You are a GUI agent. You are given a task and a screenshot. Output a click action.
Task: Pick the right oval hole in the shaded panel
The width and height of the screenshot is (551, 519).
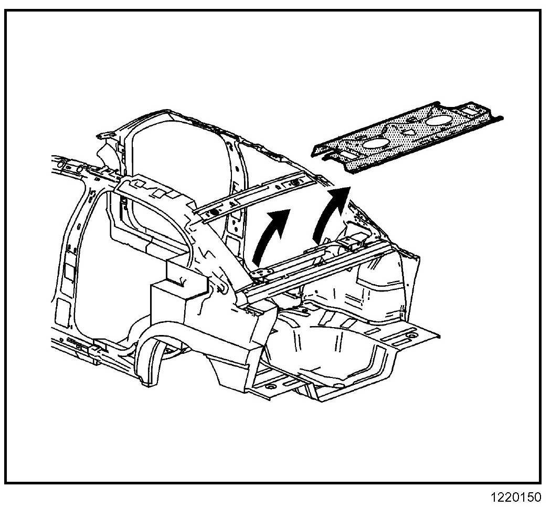(x=440, y=121)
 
